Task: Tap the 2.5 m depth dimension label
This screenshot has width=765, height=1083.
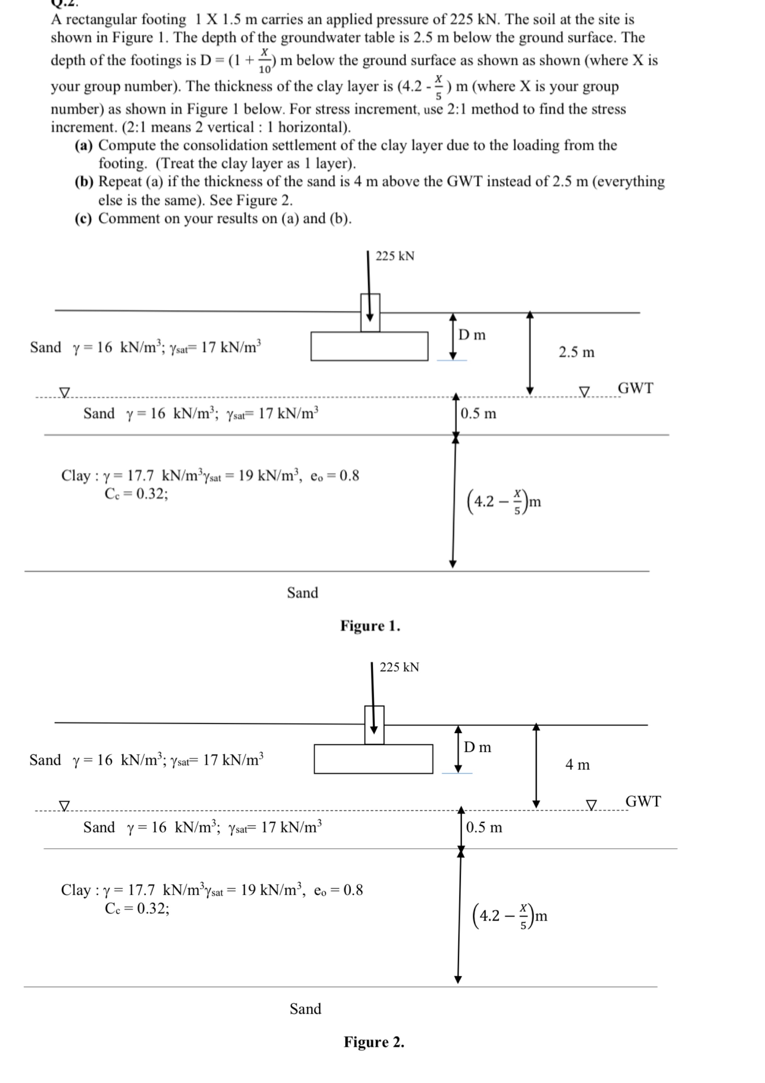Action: (576, 352)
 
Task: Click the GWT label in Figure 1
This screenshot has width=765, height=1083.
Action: (635, 388)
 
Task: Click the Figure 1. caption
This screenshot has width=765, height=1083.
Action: (370, 626)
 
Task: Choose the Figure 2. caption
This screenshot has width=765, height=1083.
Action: (374, 1042)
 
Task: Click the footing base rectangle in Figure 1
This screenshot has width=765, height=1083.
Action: (369, 346)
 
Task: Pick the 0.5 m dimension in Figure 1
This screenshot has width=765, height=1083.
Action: (478, 414)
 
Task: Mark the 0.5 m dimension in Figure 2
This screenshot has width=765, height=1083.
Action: (484, 828)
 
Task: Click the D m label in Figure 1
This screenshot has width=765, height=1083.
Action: (472, 335)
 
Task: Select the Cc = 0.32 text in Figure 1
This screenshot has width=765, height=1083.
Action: (136, 494)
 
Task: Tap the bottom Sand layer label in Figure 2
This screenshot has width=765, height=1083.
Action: (305, 1009)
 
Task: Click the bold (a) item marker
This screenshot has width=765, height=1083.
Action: (84, 145)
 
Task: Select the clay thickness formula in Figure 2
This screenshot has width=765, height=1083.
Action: (509, 915)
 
